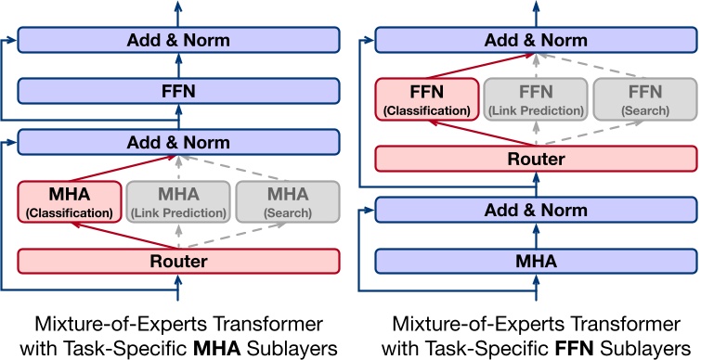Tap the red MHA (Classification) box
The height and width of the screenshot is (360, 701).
[x=70, y=201]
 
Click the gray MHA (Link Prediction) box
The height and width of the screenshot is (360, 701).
[x=177, y=201]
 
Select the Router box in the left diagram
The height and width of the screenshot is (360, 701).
[x=178, y=261]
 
